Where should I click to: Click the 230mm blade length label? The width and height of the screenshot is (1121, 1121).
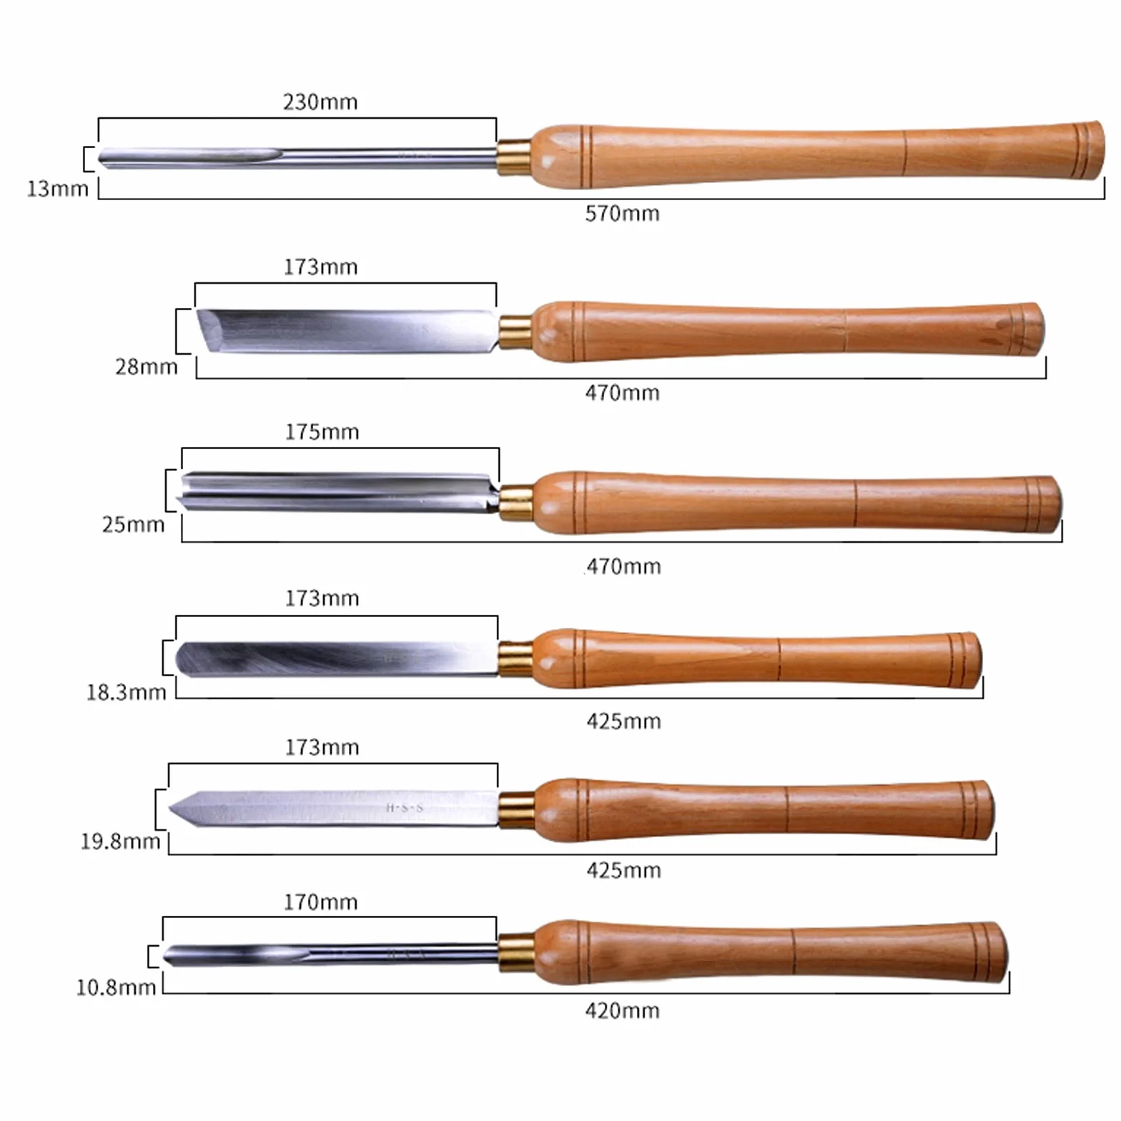click(320, 102)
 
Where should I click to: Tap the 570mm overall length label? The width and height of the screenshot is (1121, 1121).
click(622, 214)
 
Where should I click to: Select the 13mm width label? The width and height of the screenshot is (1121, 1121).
click(57, 189)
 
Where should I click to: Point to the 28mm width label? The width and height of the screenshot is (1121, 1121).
click(147, 367)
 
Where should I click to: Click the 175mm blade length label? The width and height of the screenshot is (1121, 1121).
click(322, 433)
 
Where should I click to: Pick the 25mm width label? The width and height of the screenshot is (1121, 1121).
click(133, 525)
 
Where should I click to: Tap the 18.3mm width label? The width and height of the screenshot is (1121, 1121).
click(126, 693)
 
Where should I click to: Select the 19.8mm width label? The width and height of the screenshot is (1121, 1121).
click(120, 841)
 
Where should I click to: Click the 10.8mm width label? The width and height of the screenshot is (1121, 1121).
click(116, 988)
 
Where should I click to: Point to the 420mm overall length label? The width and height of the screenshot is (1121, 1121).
click(622, 1011)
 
